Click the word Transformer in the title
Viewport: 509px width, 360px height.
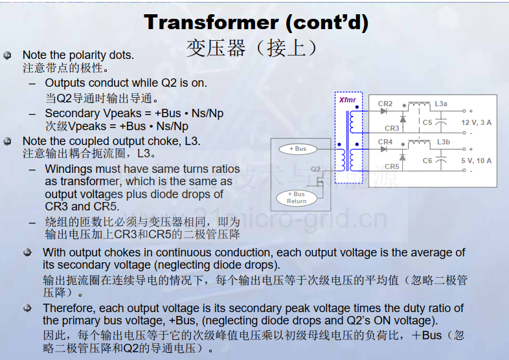click(211, 22)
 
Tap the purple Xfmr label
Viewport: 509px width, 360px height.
click(347, 100)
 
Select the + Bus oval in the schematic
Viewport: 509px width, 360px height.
click(298, 149)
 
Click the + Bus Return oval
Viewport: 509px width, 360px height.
click(297, 197)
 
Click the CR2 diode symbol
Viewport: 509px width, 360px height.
click(384, 111)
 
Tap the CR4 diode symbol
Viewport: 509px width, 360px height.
click(384, 150)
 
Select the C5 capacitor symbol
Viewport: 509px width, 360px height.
click(441, 122)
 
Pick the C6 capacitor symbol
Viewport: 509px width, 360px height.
click(441, 161)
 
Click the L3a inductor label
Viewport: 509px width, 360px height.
click(441, 104)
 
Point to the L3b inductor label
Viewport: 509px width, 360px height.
click(444, 142)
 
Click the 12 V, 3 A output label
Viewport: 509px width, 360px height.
click(476, 122)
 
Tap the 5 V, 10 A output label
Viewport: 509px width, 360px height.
click(476, 161)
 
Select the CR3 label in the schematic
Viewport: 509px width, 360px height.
click(392, 128)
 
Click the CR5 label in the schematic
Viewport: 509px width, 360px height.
click(392, 166)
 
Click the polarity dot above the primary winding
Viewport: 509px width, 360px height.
click(339, 144)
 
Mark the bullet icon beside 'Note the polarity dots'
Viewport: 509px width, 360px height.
click(7, 56)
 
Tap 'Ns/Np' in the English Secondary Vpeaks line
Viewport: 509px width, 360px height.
click(207, 113)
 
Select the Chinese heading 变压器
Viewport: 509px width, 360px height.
click(216, 48)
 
